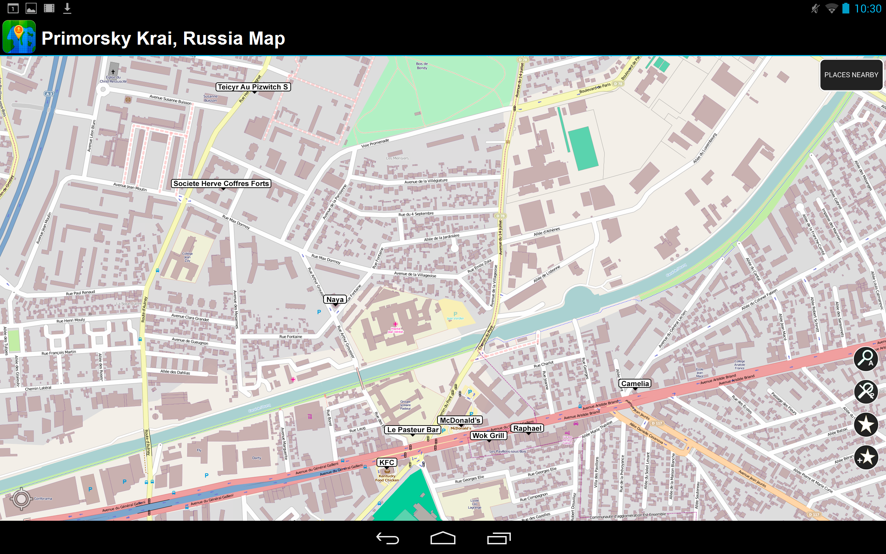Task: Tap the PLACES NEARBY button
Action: (851, 75)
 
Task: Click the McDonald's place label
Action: (460, 420)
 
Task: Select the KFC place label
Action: (387, 462)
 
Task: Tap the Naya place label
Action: (335, 300)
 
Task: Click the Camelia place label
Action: (635, 384)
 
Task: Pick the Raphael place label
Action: (527, 428)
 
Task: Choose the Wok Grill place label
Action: (488, 436)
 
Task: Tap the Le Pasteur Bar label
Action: (413, 430)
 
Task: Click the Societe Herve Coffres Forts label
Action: (221, 184)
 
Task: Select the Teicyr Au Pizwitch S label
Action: (253, 87)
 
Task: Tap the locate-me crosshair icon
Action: (21, 498)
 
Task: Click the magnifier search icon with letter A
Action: (866, 359)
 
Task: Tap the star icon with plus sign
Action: (866, 457)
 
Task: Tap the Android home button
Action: (443, 538)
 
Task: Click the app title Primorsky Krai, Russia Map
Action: (163, 38)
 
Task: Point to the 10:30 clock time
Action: (868, 9)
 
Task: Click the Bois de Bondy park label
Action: (422, 65)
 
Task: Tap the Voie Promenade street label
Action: (375, 143)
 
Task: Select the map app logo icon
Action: (19, 37)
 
